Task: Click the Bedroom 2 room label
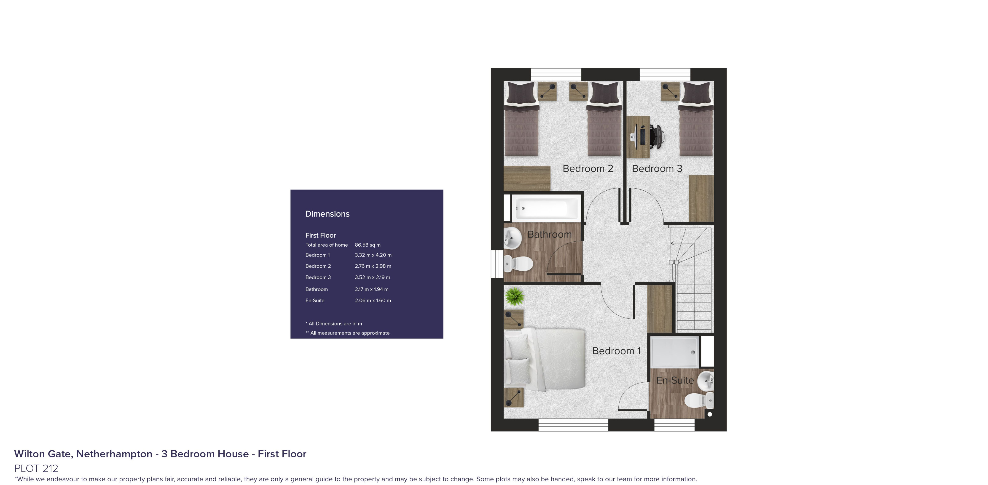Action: (x=588, y=169)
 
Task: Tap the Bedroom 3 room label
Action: (x=657, y=169)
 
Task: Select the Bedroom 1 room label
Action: (x=616, y=351)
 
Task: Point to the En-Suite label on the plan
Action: (x=675, y=380)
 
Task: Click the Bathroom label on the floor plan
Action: (x=550, y=234)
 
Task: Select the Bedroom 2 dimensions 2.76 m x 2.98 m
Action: (x=373, y=266)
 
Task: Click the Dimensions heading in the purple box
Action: (x=327, y=214)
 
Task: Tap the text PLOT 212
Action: (x=36, y=468)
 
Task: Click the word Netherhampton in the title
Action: (x=114, y=454)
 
